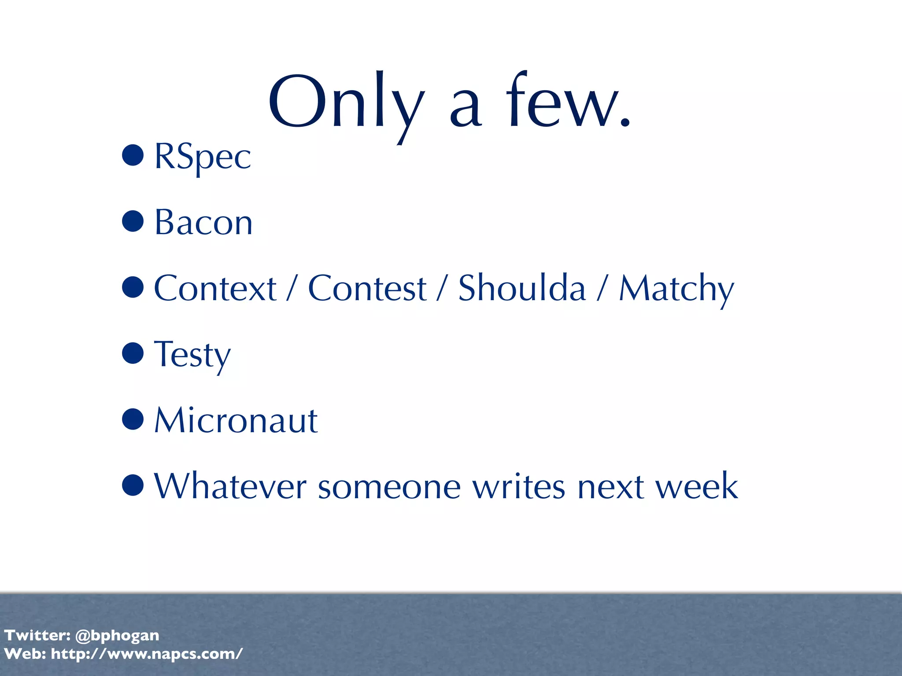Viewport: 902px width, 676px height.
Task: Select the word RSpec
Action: pyautogui.click(x=203, y=157)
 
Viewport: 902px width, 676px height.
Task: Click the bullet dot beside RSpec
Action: pyautogui.click(x=133, y=155)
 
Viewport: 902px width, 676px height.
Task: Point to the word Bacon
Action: pyautogui.click(x=203, y=222)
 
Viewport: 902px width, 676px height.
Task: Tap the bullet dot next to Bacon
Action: pyautogui.click(x=133, y=221)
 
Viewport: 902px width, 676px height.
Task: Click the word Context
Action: pyautogui.click(x=215, y=288)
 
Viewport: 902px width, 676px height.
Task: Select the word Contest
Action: pyautogui.click(x=367, y=288)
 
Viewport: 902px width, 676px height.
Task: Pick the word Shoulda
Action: pyautogui.click(x=522, y=288)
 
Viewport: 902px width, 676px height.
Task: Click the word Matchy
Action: pyautogui.click(x=676, y=289)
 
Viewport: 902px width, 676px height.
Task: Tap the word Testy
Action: pyautogui.click(x=192, y=355)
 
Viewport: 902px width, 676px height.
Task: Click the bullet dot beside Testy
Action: pyautogui.click(x=133, y=353)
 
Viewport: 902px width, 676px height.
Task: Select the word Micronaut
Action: pyautogui.click(x=236, y=420)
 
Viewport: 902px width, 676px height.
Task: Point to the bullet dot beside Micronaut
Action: pyautogui.click(x=133, y=419)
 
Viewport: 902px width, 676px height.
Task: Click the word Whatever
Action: pyautogui.click(x=230, y=486)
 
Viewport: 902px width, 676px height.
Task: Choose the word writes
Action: pyautogui.click(x=519, y=486)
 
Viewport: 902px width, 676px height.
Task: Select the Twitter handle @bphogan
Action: pyautogui.click(x=117, y=636)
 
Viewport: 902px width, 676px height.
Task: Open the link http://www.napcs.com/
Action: pyautogui.click(x=147, y=654)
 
